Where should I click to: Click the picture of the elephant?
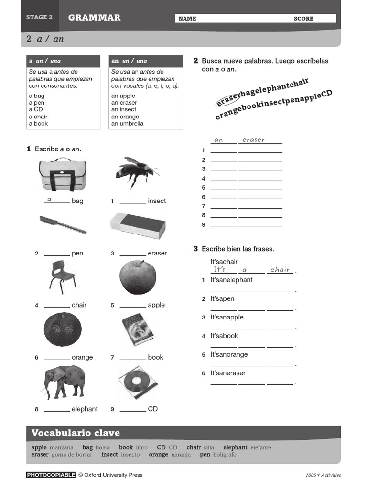coord(65,382)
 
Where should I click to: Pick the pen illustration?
coord(63,224)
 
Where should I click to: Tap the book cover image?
coord(138,330)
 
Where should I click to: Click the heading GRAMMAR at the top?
coord(94,18)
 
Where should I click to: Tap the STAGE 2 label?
coord(40,17)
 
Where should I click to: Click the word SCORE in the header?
coord(303,19)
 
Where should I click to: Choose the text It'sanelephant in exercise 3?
coord(232,280)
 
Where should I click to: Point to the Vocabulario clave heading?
coord(76,433)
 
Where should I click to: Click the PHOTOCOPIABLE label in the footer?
coord(51,475)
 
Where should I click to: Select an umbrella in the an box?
coord(128,123)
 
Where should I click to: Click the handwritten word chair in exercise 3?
coord(280,270)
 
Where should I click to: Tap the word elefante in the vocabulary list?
coord(261,448)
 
